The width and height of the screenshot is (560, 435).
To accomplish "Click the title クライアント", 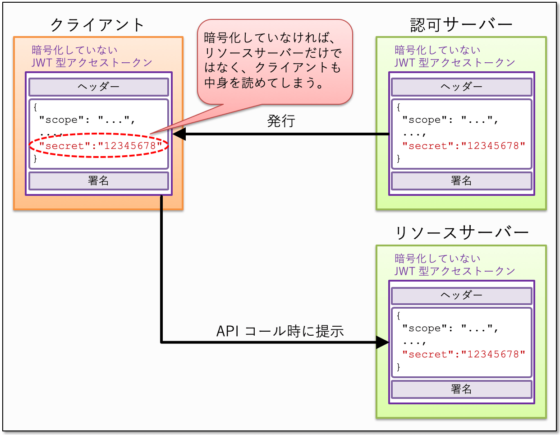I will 97,24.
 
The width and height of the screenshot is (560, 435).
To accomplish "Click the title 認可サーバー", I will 461,24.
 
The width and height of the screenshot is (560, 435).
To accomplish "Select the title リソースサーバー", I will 461,233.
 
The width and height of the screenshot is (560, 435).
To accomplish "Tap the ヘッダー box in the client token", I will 98,87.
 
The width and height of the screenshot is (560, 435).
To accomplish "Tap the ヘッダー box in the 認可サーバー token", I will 461,87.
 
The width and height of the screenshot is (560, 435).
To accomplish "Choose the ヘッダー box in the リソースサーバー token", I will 461,295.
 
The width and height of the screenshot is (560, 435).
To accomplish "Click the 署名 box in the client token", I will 98,181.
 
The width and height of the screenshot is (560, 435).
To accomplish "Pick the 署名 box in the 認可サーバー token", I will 461,181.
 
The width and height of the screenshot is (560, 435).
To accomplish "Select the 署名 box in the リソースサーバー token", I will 461,389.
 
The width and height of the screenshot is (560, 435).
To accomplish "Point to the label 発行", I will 281,121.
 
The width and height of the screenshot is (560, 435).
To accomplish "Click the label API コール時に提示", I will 280,331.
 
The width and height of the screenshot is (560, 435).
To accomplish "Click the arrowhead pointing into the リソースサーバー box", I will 382,342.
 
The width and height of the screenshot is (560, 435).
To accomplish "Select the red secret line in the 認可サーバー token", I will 464,146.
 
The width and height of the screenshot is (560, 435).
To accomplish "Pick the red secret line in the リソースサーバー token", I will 464,354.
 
